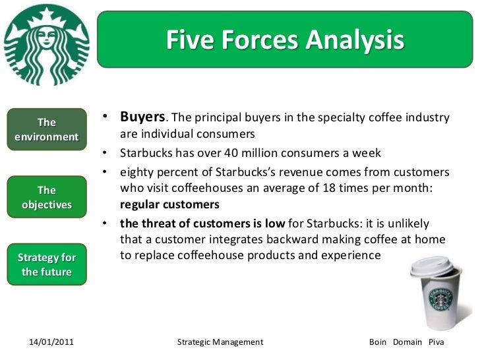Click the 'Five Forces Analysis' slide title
(284, 41)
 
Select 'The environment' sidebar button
(46, 130)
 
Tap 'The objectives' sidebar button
(46, 197)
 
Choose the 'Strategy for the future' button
(46, 264)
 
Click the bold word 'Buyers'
(142, 117)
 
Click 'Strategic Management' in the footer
(221, 342)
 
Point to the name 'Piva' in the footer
(436, 342)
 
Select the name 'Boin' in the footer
(378, 342)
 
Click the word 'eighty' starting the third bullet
(136, 172)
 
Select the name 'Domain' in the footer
(407, 342)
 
